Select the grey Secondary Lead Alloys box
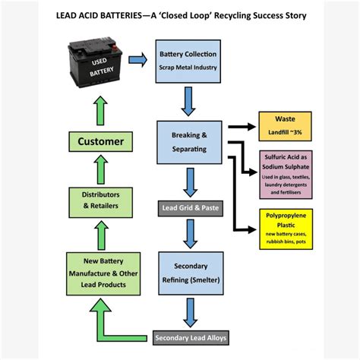pos(191,337)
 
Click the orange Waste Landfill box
pos(285,126)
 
